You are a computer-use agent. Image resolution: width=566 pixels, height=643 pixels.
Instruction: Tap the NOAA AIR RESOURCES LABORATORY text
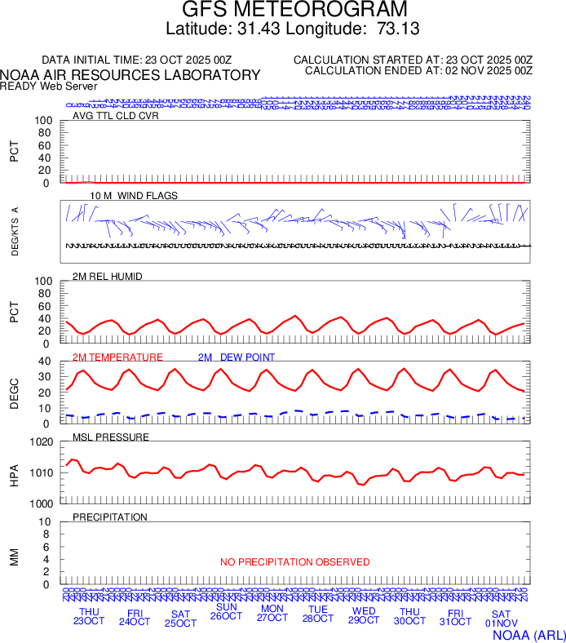pos(130,75)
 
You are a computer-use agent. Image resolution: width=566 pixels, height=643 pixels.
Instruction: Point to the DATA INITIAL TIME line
pos(137,60)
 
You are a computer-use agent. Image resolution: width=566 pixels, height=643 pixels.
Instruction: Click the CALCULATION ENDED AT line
pos(418,71)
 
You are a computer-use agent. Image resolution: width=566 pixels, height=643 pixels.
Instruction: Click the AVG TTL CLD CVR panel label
pos(116,116)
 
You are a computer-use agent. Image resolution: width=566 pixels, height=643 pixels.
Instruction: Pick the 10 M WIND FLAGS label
pos(134,196)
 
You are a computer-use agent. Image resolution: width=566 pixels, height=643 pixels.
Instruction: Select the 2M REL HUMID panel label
pos(108,277)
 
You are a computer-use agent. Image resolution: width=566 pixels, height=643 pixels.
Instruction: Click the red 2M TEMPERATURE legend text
pos(117,357)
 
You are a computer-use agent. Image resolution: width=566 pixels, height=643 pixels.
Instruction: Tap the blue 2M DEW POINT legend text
pos(237,357)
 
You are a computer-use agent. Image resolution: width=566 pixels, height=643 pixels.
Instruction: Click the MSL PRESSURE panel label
pos(111,437)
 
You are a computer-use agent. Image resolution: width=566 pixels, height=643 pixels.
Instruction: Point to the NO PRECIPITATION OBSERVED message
pos(294,562)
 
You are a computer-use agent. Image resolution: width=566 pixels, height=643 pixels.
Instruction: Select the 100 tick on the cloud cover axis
pos(44,121)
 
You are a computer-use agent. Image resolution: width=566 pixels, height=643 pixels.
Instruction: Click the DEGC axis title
pos(15,392)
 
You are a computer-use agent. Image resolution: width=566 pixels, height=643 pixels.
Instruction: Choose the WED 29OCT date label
pos(363,617)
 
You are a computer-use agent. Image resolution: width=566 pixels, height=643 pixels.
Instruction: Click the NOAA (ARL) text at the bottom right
pos(528,635)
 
